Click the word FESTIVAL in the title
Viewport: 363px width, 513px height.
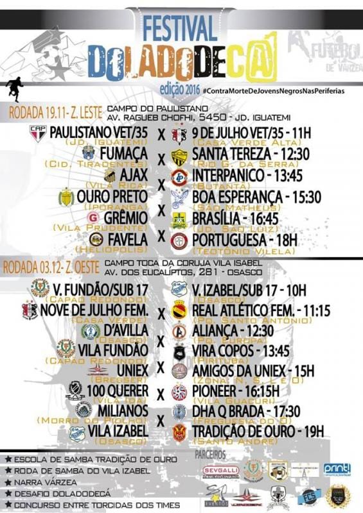pos(180,28)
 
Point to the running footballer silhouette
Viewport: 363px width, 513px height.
pos(13,86)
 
